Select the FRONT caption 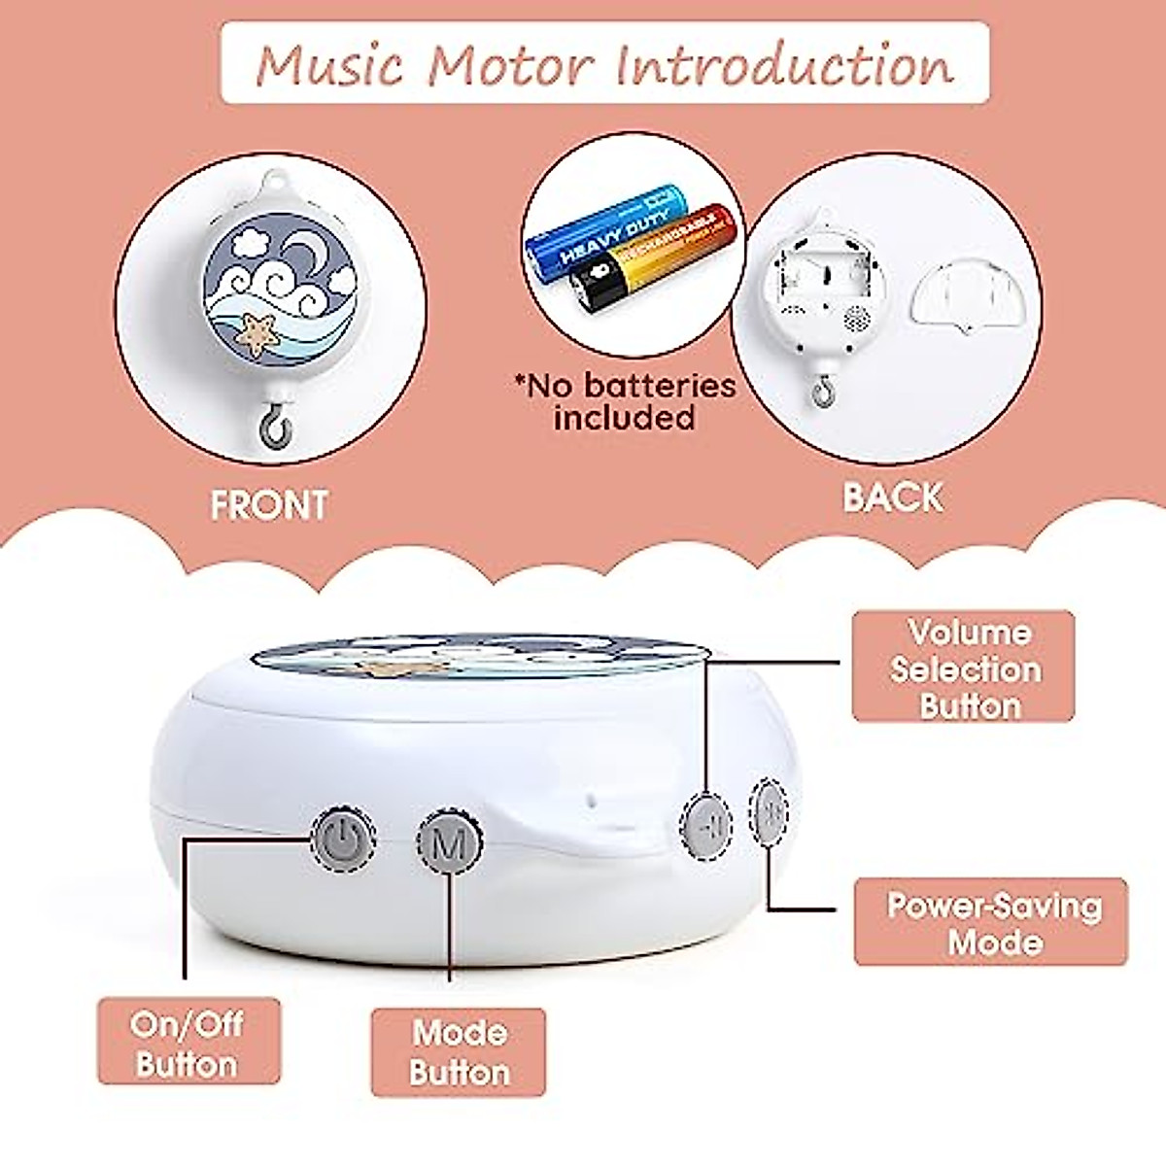pyautogui.click(x=269, y=505)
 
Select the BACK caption pyautogui.click(x=893, y=497)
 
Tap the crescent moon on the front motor pyautogui.click(x=313, y=255)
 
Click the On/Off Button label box pyautogui.click(x=188, y=1042)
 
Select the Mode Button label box pyautogui.click(x=459, y=1052)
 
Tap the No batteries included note pyautogui.click(x=626, y=401)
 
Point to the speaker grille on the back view pyautogui.click(x=854, y=316)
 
